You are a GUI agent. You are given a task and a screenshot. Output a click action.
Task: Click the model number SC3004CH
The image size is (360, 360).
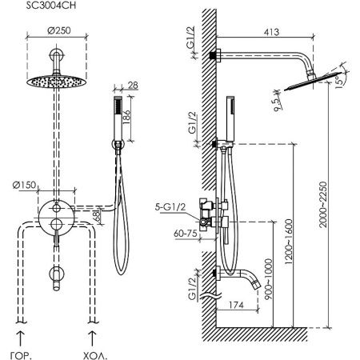(51, 6)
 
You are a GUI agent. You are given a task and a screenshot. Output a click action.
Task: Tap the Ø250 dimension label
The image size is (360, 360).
(59, 30)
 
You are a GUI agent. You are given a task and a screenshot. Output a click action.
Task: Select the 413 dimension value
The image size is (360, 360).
(271, 32)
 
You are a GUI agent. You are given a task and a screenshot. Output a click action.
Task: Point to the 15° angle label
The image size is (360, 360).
(339, 82)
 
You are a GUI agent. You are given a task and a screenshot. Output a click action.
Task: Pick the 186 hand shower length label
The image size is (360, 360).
(126, 117)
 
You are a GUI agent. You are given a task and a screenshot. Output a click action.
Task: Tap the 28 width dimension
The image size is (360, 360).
(133, 85)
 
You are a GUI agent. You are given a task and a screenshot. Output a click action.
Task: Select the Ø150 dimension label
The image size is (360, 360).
(24, 185)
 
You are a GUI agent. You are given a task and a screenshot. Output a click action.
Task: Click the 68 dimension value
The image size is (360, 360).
(97, 216)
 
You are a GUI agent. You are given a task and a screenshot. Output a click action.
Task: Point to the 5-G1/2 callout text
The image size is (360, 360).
(170, 207)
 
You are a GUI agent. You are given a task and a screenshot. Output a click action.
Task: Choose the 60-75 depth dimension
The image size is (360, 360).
(186, 234)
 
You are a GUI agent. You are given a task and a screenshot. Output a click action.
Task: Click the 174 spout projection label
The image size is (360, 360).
(236, 305)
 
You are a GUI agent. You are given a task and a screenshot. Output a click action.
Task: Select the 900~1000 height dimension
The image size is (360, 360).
(269, 278)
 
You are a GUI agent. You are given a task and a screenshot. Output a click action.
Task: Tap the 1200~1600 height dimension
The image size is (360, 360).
(289, 242)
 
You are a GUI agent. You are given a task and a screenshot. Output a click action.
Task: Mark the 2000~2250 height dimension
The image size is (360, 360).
(322, 205)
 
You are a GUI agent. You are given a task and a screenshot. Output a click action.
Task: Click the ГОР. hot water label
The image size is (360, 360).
(21, 355)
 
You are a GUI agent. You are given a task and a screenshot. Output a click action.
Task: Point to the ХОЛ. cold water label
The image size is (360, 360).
(95, 355)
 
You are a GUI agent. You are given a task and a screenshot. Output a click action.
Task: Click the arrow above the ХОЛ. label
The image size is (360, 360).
(92, 339)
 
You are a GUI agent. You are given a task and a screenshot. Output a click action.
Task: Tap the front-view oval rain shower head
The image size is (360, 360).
(57, 82)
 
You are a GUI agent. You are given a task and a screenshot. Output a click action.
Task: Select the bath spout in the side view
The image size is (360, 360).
(238, 278)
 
